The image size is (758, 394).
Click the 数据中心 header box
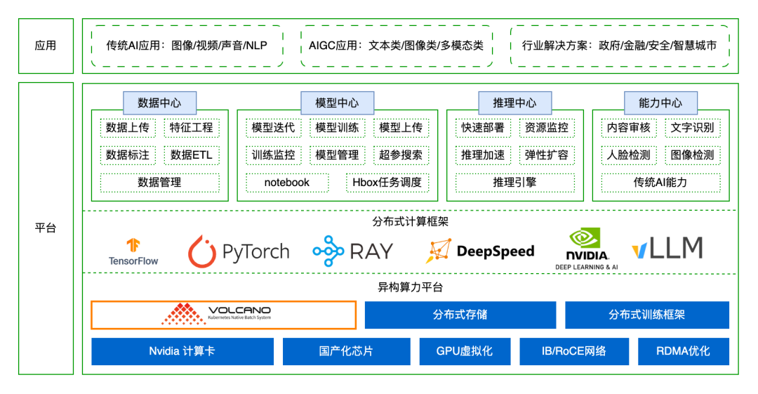[159, 103]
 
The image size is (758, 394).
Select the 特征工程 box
[192, 128]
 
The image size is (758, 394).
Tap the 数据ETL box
[192, 155]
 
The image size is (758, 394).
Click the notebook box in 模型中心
[287, 183]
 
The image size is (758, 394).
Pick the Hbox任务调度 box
[387, 183]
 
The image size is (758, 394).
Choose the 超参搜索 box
[401, 155]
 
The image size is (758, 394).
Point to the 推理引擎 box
[514, 183]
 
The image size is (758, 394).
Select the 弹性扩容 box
[547, 155]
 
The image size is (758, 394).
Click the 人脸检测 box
[628, 155]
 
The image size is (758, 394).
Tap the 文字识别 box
[692, 128]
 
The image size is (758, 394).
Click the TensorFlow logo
[133, 251]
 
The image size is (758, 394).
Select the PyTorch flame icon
[202, 251]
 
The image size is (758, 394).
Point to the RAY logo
[353, 251]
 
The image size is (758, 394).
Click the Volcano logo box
[223, 315]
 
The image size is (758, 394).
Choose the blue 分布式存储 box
[460, 315]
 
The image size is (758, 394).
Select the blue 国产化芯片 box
[346, 351]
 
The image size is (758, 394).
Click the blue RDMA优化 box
[683, 351]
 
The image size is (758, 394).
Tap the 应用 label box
[46, 46]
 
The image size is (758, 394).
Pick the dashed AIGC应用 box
[396, 46]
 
